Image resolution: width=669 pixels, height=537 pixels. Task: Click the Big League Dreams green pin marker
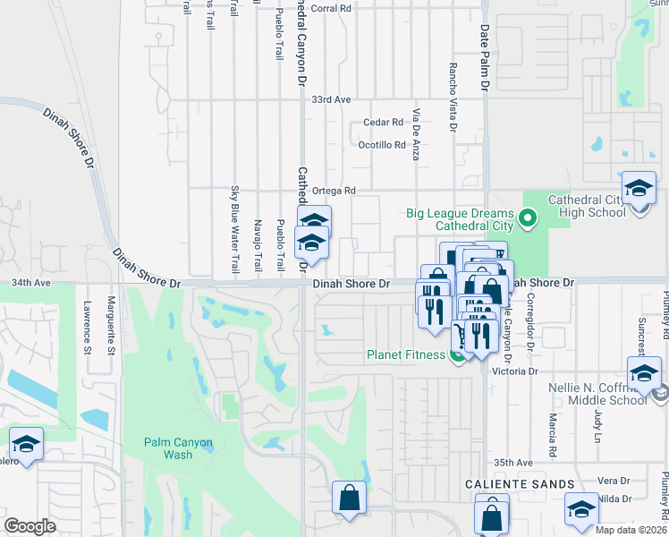click(528, 217)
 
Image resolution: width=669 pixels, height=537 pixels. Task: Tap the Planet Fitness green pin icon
click(458, 355)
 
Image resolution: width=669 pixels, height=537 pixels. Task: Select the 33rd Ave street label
click(331, 100)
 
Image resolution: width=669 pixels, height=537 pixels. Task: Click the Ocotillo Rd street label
click(382, 145)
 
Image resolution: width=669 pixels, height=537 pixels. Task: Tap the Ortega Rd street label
click(334, 191)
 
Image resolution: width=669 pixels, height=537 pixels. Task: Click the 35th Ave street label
click(513, 463)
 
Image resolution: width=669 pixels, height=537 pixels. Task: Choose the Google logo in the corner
click(30, 526)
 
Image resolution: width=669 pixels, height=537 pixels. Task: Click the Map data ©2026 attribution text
click(631, 530)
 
